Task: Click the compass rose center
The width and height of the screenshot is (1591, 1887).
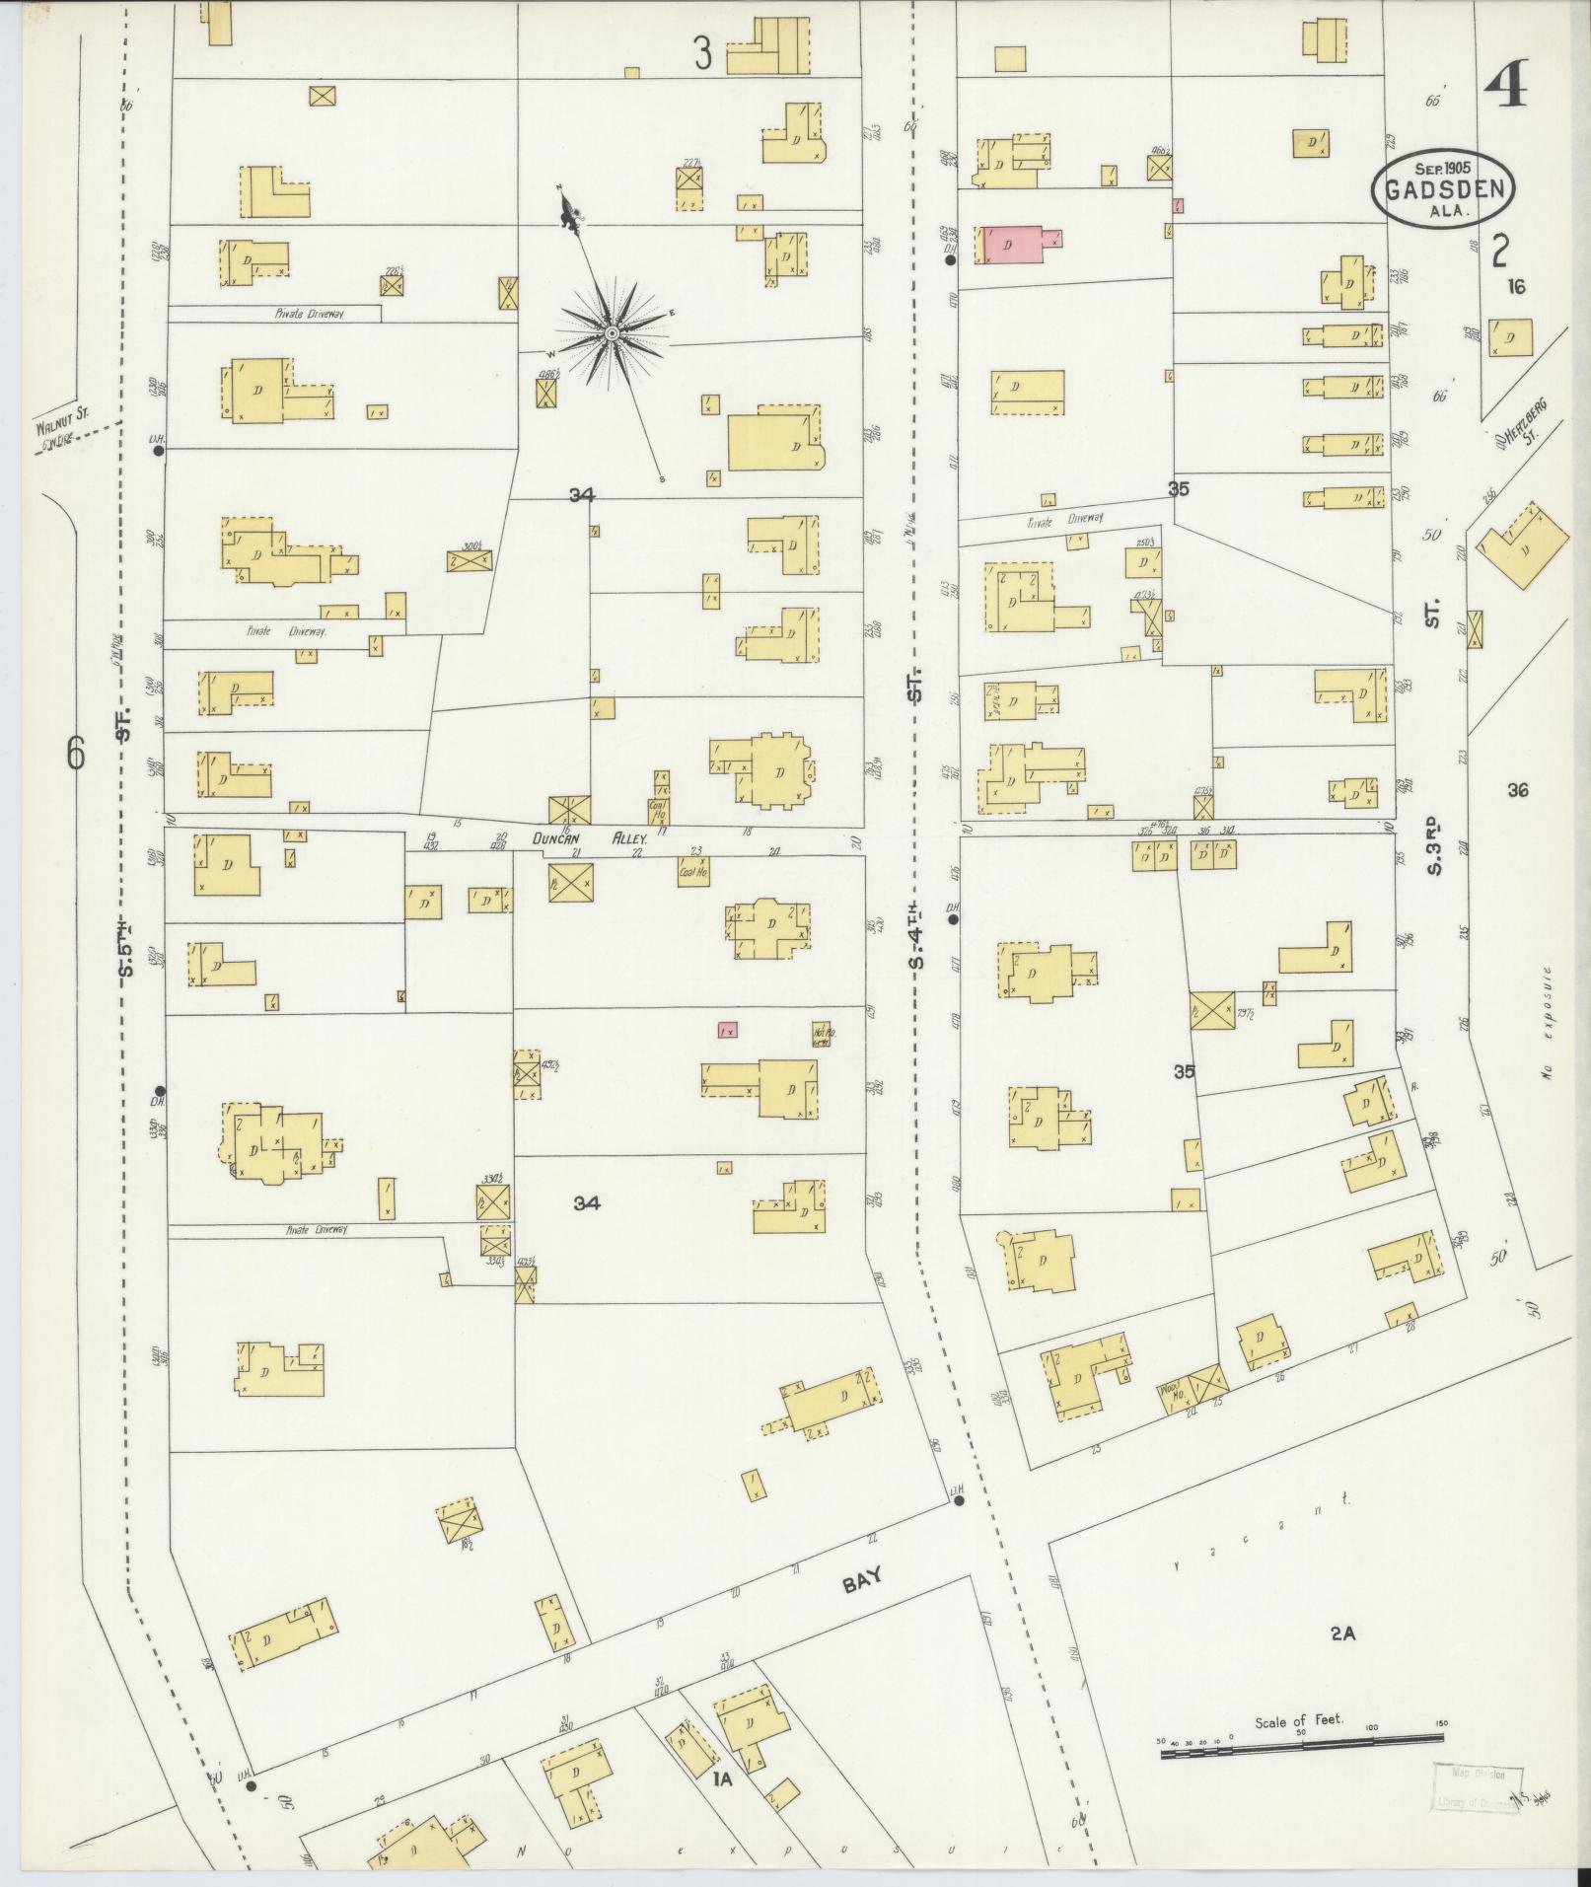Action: click(x=612, y=334)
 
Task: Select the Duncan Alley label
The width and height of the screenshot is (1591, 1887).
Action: click(x=589, y=838)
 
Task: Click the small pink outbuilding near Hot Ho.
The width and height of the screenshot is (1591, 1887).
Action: click(x=727, y=1030)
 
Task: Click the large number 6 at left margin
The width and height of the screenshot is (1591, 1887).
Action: click(x=76, y=754)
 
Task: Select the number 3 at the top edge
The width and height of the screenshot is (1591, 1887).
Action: click(x=702, y=54)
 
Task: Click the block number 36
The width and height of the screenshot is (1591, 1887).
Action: click(x=1517, y=789)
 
